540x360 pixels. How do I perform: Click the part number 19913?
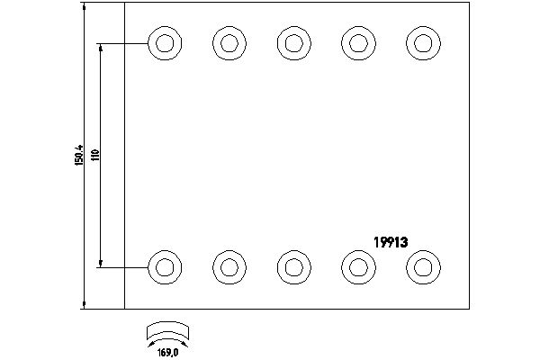[391, 241]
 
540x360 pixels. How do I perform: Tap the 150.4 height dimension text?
[80, 154]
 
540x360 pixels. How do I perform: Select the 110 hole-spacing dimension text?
[95, 154]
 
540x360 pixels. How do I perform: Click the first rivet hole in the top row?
[162, 41]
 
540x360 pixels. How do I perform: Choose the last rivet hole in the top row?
[420, 41]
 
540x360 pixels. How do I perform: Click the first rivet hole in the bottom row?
[162, 265]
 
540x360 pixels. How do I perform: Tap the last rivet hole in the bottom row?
[420, 265]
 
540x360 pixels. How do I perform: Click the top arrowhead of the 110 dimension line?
[101, 46]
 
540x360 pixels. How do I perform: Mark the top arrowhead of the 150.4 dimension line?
[84, 9]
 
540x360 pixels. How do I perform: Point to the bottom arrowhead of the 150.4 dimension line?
[84, 303]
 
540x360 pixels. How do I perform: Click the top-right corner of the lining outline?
[470, 4]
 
